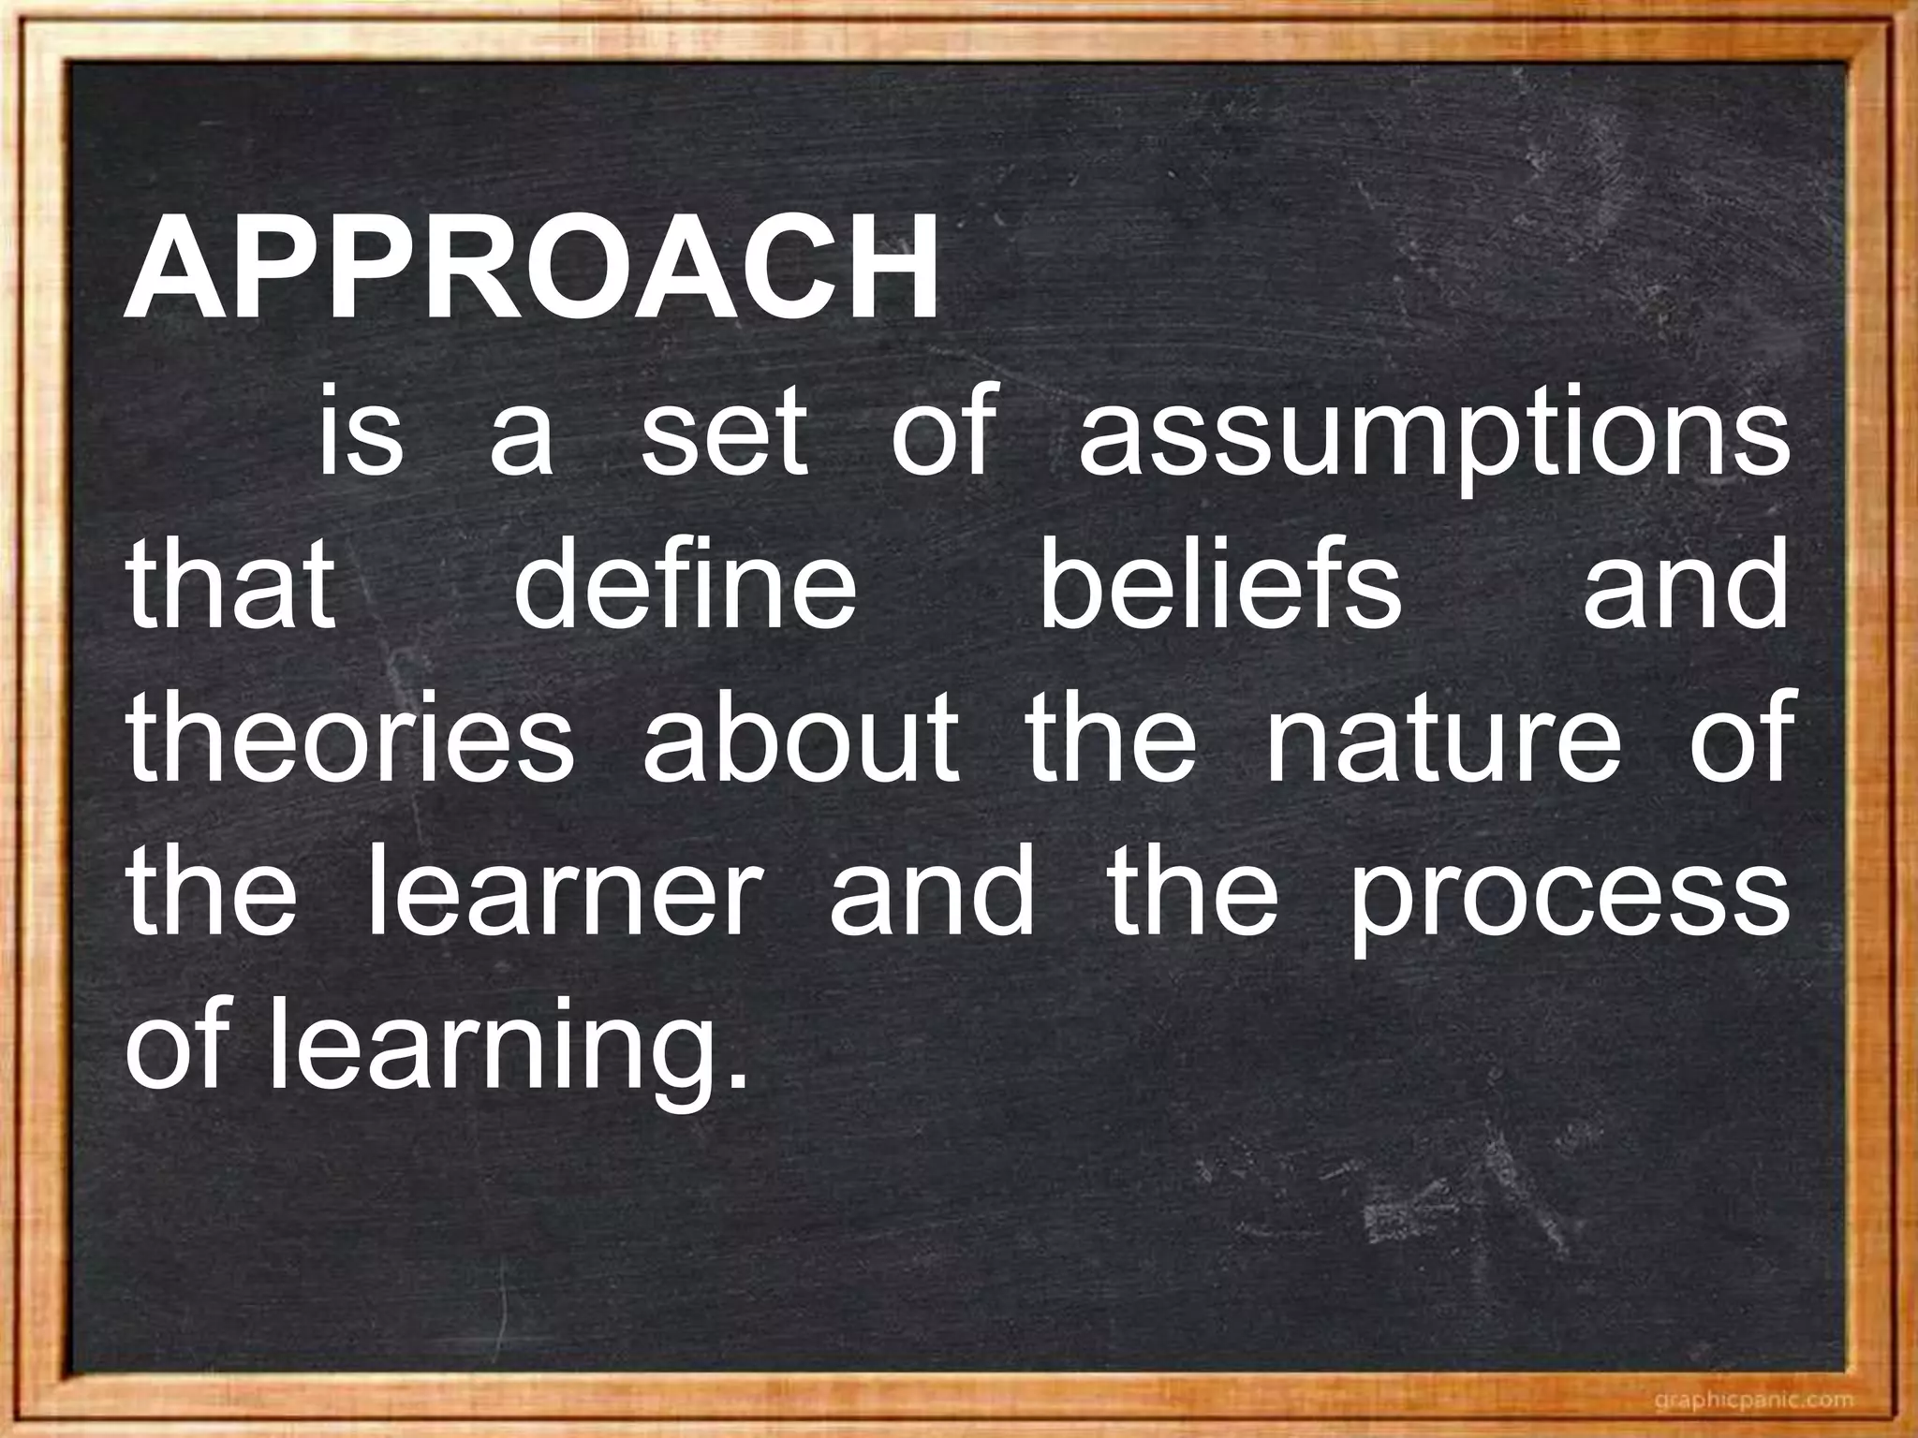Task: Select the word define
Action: tap(686, 588)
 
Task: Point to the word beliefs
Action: tap(1221, 588)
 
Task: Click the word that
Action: tap(231, 588)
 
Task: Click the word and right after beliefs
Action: tap(1685, 588)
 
